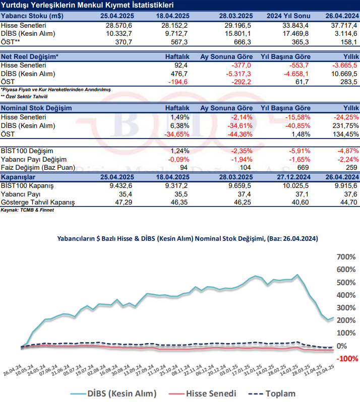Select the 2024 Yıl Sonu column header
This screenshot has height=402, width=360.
click(285, 15)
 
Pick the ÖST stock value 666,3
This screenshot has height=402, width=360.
click(241, 42)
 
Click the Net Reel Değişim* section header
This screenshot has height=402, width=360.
click(30, 56)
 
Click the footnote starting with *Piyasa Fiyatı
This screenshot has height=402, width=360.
click(55, 89)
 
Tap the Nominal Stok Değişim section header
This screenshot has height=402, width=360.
click(36, 108)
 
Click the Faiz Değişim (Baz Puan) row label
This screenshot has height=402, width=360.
click(38, 168)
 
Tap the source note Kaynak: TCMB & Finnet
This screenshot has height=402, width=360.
click(27, 210)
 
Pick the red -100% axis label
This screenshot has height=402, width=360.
click(346, 358)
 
